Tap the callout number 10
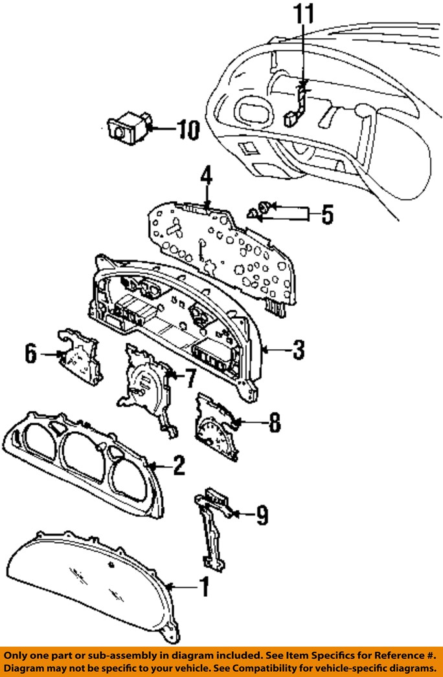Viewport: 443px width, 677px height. click(188, 129)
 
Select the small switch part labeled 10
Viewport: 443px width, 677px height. click(128, 127)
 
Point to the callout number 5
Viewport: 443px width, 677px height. click(328, 214)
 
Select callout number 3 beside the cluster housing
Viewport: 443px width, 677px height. click(299, 350)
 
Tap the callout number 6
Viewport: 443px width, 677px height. click(30, 354)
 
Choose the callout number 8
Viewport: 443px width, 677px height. click(275, 423)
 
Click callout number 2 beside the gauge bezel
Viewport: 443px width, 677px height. click(179, 466)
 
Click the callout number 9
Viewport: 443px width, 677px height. click(262, 515)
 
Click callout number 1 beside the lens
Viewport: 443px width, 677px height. click(204, 587)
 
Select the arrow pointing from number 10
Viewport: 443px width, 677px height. click(161, 128)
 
